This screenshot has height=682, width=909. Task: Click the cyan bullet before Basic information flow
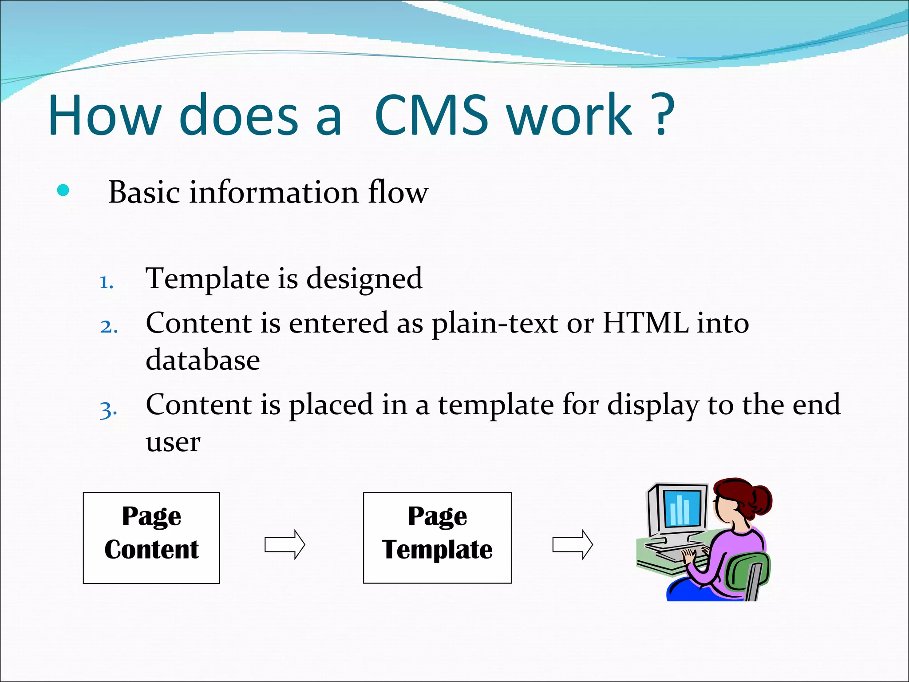tap(63, 190)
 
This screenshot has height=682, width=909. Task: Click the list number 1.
tap(106, 282)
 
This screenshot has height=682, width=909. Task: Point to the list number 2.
tap(109, 327)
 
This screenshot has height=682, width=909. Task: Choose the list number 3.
tap(108, 409)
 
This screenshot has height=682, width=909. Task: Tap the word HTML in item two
tap(646, 323)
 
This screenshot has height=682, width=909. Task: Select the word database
tap(203, 360)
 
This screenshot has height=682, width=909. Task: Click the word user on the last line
tap(173, 443)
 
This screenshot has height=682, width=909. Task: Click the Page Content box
tap(151, 538)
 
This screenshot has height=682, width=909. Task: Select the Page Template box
tap(437, 538)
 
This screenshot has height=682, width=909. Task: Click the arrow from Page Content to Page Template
tap(285, 544)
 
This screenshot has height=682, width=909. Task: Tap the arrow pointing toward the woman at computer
tap(573, 544)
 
